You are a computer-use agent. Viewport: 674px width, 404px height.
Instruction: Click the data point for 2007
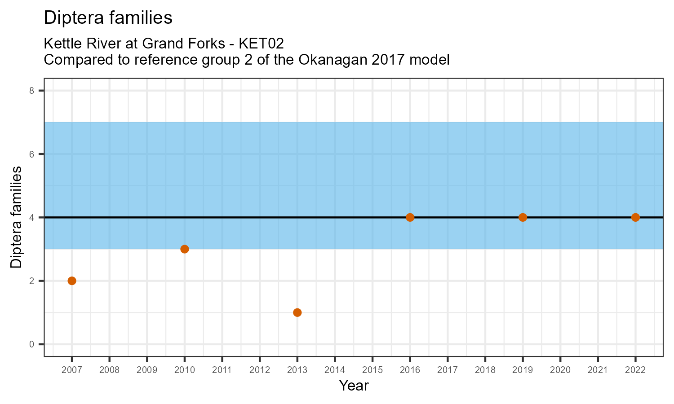coord(72,281)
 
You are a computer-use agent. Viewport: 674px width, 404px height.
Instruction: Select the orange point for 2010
coord(185,249)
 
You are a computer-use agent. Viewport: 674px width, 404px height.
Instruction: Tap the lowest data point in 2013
coord(297,312)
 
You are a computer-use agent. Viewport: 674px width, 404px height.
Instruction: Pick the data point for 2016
coord(410,217)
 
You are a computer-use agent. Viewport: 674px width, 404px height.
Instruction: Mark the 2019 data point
coord(523,217)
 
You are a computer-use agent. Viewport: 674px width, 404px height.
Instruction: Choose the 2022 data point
coord(635,217)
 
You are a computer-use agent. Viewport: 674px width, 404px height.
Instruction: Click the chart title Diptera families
coord(108,18)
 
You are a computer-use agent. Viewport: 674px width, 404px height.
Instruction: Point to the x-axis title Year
coord(354,385)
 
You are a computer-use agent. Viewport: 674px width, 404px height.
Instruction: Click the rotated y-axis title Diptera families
coord(17,217)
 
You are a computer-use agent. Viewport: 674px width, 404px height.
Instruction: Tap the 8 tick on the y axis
coord(31,91)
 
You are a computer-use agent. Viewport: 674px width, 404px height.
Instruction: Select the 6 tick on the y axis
coord(31,154)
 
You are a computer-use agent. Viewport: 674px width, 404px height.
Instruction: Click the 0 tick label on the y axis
coord(31,344)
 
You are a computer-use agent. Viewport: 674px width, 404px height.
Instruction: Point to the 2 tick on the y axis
coord(31,281)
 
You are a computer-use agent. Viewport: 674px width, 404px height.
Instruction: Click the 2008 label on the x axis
coord(109,370)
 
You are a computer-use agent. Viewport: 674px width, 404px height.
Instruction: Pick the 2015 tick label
coord(372,370)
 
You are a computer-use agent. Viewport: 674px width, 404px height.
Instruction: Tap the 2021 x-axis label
coord(598,370)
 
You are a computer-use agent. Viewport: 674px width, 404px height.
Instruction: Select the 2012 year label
coord(259,370)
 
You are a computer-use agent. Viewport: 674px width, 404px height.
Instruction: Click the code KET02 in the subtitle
coord(261,44)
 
